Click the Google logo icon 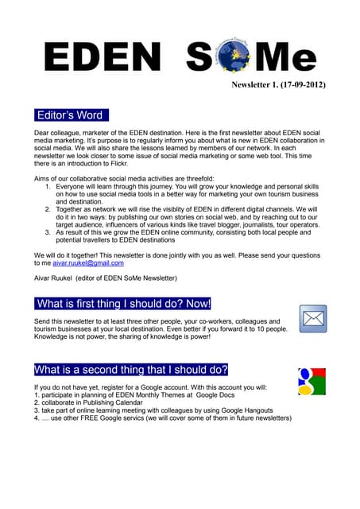point(312,381)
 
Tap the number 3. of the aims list point(48,231)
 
